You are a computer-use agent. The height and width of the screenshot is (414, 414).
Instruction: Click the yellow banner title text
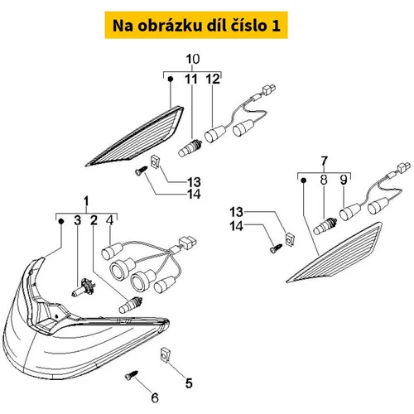pos(196,26)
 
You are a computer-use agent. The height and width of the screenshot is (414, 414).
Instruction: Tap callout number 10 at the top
pos(193,59)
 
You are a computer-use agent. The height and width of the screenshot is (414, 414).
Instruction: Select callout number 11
pos(191,79)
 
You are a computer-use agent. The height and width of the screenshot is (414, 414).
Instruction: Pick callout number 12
pos(213,79)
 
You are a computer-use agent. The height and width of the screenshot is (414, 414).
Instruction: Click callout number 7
pos(324,161)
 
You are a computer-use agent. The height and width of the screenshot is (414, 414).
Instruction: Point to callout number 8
pos(324,180)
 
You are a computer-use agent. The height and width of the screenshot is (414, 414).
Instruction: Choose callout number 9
pos(344,180)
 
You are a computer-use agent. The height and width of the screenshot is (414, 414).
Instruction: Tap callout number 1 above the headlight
pos(86,201)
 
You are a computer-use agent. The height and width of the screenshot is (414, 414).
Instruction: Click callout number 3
pos(78,220)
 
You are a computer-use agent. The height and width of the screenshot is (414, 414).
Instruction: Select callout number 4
pos(110,220)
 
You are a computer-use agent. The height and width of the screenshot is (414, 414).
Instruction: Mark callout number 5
pos(189,383)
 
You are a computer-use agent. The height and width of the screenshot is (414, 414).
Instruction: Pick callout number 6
pos(155,397)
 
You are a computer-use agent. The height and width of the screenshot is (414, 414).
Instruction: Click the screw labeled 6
pos(131,375)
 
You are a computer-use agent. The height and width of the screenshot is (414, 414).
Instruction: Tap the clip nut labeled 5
pos(165,354)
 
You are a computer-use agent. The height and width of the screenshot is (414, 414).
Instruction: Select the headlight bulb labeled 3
pos(84,287)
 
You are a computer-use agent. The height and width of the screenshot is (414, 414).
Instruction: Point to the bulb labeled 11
pos(190,148)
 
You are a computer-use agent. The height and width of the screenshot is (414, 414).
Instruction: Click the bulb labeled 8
pos(325,226)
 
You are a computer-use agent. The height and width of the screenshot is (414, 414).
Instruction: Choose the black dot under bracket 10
pos(171,79)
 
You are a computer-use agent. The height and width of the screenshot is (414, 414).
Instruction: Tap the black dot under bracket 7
pos(303,181)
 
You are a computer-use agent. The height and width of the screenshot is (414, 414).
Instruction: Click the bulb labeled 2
pos(131,306)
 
